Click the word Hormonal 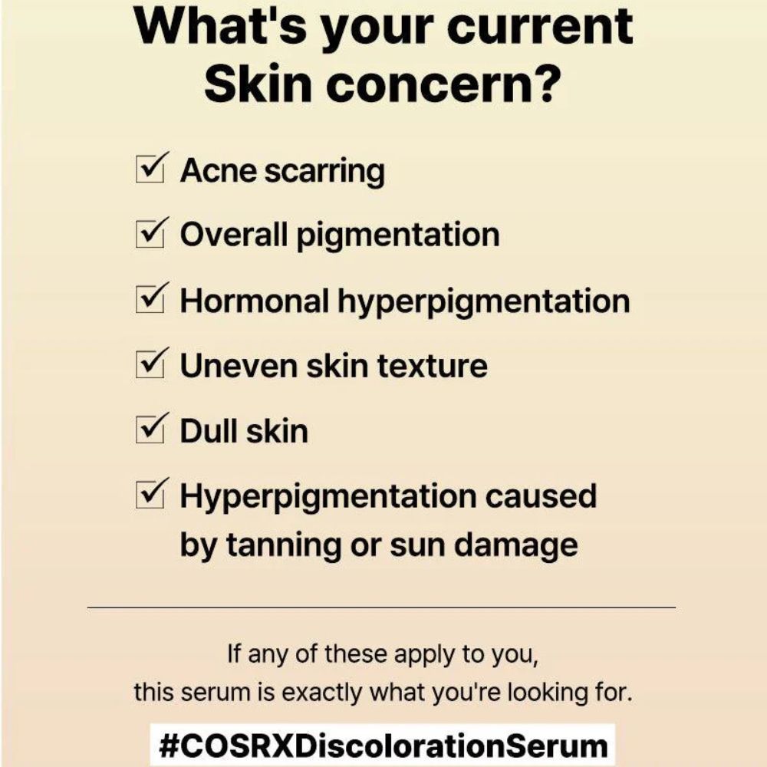tap(255, 300)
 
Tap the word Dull tap(208, 430)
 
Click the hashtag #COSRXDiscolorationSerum tap(383, 745)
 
